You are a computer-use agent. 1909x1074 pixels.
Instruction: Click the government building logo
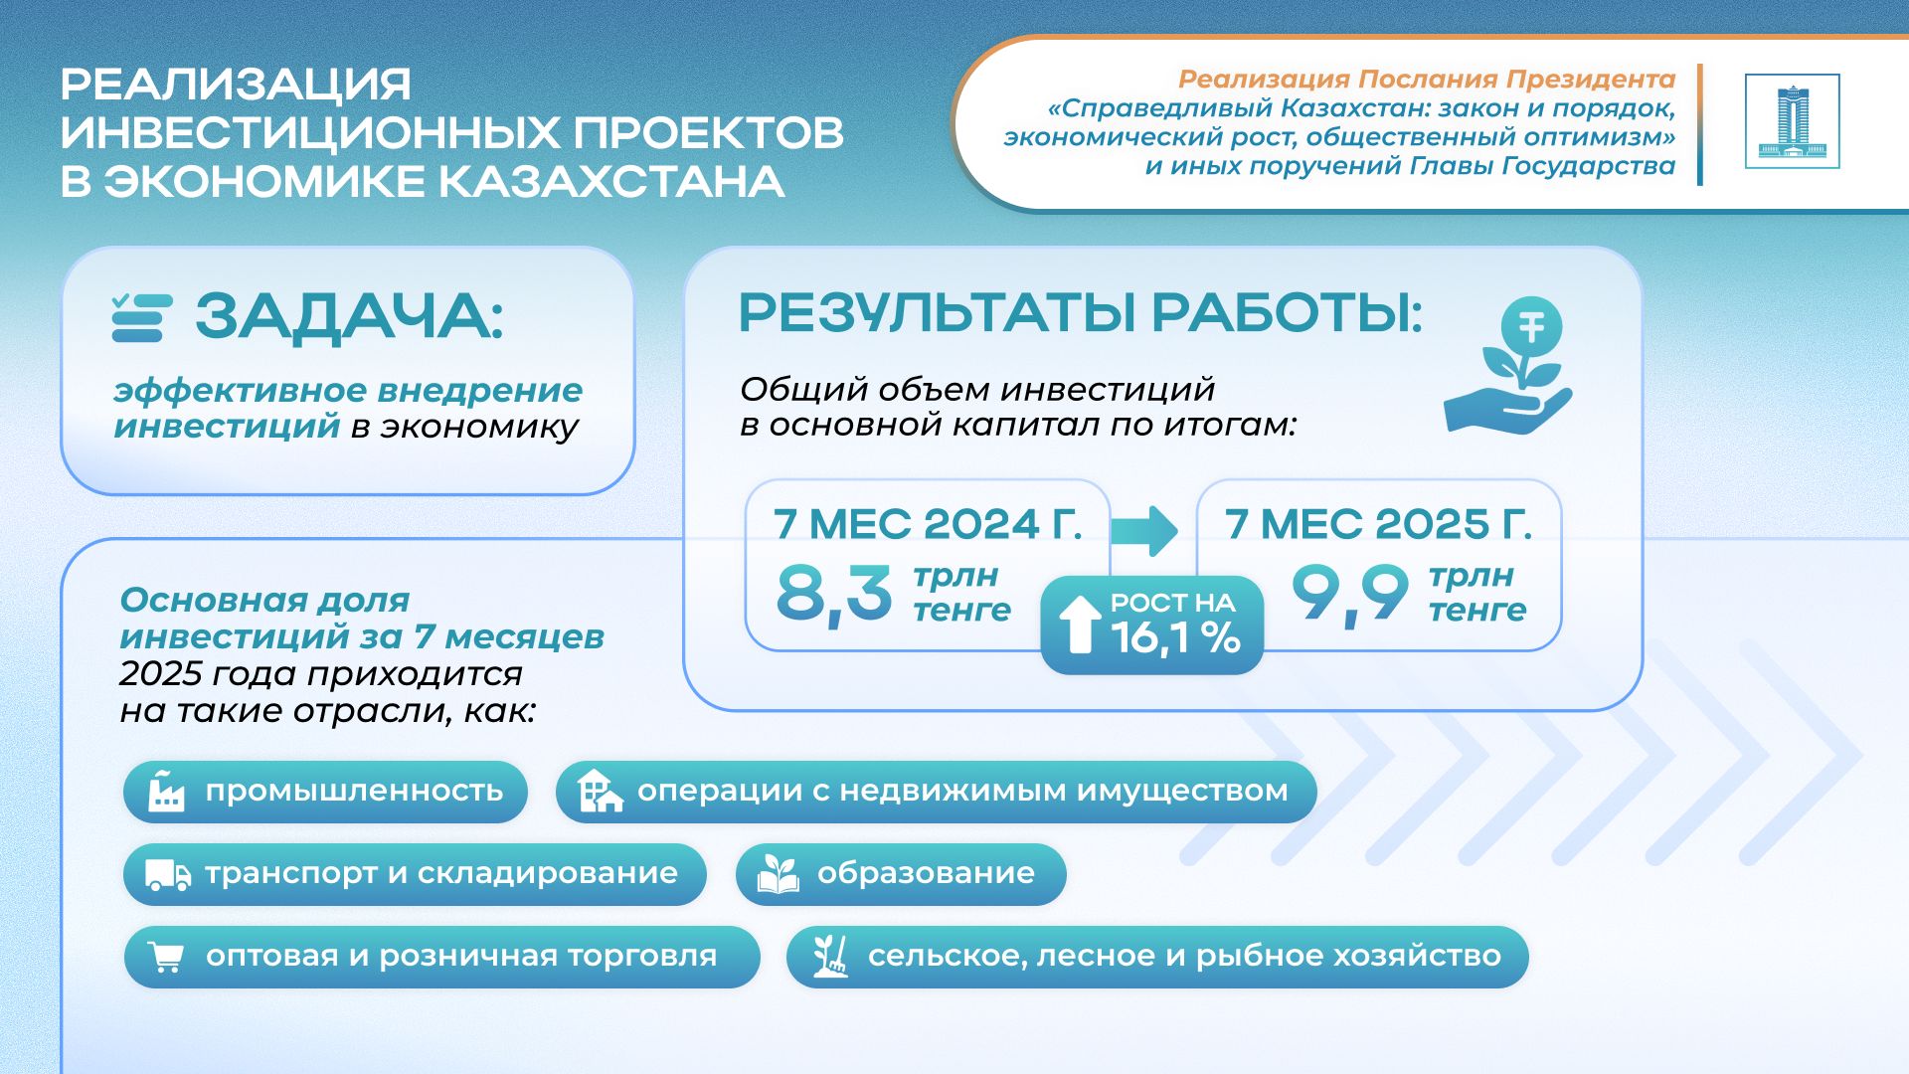click(1792, 121)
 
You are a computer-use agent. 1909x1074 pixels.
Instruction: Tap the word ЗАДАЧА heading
click(349, 317)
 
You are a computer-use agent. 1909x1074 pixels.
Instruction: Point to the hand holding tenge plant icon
click(1508, 367)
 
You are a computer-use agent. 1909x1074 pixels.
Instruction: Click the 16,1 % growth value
click(1175, 637)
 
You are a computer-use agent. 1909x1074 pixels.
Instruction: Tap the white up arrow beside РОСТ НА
click(1079, 625)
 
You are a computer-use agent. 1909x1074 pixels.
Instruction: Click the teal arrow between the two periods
click(1144, 529)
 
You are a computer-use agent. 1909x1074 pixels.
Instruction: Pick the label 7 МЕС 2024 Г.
click(928, 524)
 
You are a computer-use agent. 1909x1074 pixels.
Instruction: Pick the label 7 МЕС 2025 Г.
click(1379, 524)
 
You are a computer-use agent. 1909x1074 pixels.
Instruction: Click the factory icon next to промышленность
click(166, 791)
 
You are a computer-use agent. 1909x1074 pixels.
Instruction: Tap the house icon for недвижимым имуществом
click(600, 791)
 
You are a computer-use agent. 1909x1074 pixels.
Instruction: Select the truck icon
click(168, 874)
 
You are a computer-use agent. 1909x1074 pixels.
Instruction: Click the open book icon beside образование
click(778, 873)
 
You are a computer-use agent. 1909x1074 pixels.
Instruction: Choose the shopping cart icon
click(165, 957)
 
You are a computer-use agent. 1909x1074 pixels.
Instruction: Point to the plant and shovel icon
click(830, 956)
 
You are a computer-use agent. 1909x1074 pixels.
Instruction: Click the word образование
click(926, 873)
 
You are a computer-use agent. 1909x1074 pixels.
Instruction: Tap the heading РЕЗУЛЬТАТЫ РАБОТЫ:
click(1081, 313)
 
